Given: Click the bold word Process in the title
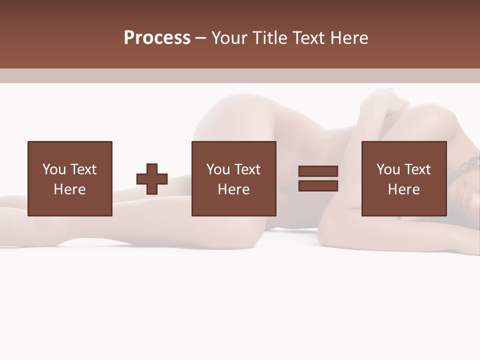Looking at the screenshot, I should pos(157,38).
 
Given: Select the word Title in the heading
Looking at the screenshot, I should pos(268,38).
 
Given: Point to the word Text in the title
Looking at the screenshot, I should pos(308,38).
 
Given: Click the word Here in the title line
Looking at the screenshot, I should pos(349,38).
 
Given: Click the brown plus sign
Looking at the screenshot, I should pos(152,179).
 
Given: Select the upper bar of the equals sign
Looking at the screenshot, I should pos(318,171).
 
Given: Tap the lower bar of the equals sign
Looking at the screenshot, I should pos(318,186).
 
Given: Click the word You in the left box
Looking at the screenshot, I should pos(53,169).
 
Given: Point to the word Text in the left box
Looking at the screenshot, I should pos(83,169).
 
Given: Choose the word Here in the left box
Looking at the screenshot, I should pos(69,189).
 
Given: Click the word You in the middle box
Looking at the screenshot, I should pos(218,169).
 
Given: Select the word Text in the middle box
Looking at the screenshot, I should pos(247,169).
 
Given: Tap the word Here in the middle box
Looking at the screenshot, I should pos(233,189).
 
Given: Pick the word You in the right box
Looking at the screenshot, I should pos(388,169).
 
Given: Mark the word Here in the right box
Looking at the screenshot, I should pos(403,189).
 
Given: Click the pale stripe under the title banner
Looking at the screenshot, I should pos(240,75).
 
